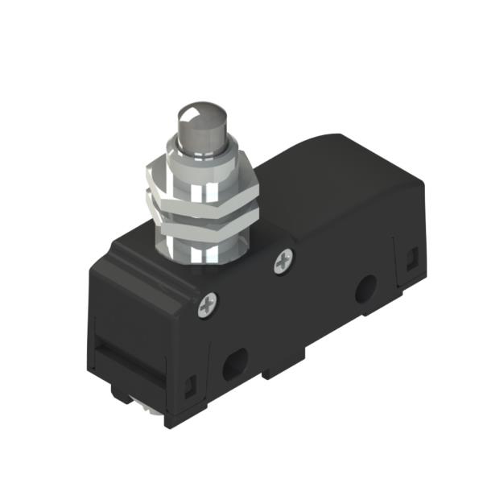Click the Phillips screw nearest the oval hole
pos(208,303)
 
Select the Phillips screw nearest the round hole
pos(283,261)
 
